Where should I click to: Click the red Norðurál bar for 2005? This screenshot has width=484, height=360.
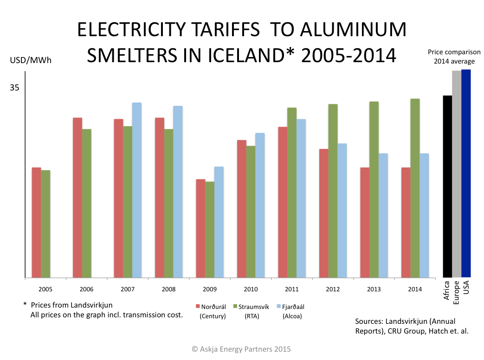click(x=36, y=223)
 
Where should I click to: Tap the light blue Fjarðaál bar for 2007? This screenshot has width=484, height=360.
click(x=137, y=190)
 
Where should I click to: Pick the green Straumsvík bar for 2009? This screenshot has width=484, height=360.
click(x=210, y=230)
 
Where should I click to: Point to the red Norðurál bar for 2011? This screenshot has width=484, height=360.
click(x=283, y=202)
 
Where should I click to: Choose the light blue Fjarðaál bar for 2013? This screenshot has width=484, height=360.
click(x=383, y=216)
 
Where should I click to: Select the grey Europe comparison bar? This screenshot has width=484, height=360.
click(x=457, y=174)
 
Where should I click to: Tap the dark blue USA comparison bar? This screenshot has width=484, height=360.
click(x=466, y=174)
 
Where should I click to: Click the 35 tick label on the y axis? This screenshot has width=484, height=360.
click(x=15, y=88)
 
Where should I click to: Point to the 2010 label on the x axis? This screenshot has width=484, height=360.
click(x=251, y=289)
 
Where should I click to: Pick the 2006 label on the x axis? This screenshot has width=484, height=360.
click(x=86, y=289)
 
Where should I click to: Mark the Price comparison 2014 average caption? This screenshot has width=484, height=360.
click(x=454, y=57)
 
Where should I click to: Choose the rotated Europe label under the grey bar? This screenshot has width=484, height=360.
click(x=457, y=292)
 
